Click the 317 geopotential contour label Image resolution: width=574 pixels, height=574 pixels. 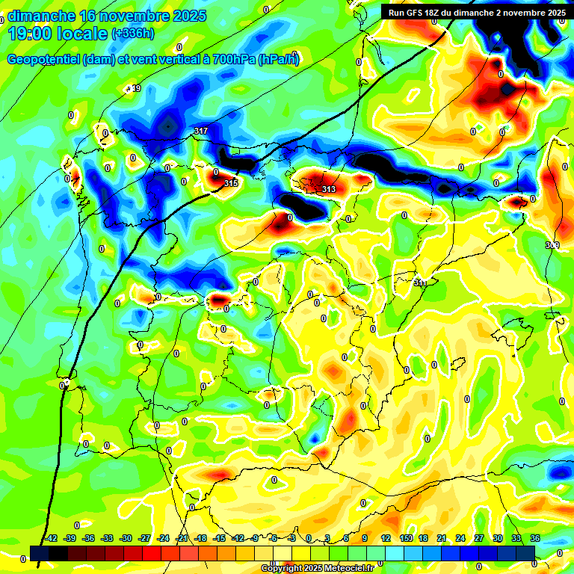(x=200, y=132)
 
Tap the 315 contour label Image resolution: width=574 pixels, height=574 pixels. (x=230, y=183)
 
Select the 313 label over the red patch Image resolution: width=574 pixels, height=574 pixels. (x=329, y=189)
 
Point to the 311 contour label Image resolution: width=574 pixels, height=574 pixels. (x=421, y=283)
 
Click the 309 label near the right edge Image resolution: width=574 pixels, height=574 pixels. (x=552, y=245)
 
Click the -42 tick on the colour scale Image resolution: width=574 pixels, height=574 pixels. (x=52, y=538)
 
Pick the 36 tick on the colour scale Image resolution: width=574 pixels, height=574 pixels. (x=535, y=538)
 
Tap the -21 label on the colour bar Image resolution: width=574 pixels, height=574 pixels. (x=182, y=538)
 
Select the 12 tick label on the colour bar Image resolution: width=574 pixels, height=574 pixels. (x=386, y=538)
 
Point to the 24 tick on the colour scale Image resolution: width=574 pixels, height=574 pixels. (x=460, y=538)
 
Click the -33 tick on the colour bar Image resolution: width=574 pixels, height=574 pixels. (x=108, y=538)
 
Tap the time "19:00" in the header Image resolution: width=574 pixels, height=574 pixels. (x=32, y=33)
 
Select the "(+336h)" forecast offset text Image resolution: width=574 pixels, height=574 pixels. (x=134, y=34)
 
